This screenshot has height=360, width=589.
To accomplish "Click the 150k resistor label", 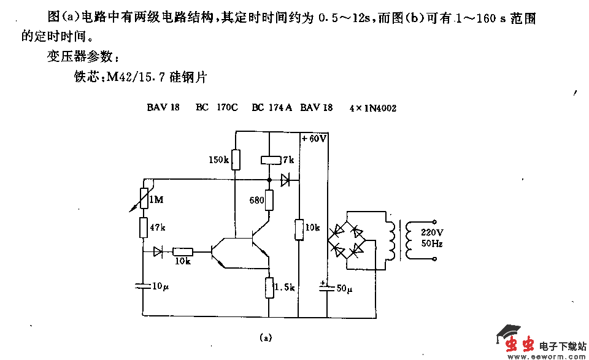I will tap(218, 160).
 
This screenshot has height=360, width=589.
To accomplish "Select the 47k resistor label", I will tap(158, 227).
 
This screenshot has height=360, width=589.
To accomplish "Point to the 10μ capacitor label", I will tap(160, 286).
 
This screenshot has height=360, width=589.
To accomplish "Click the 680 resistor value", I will tap(256, 200).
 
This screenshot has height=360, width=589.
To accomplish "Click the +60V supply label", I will tap(314, 139).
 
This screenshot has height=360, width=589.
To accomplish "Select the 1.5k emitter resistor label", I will tap(285, 287).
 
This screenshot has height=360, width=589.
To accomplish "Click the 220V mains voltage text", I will tap(431, 232).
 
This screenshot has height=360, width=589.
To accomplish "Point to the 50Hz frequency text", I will tap(431, 243).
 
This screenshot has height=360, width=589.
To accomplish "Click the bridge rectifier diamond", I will tap(347, 240).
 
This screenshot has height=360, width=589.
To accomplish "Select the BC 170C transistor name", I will tap(217, 107).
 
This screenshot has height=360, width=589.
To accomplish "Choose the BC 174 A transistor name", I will tap(272, 107).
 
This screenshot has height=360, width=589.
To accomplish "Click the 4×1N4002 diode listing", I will tap(372, 108).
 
